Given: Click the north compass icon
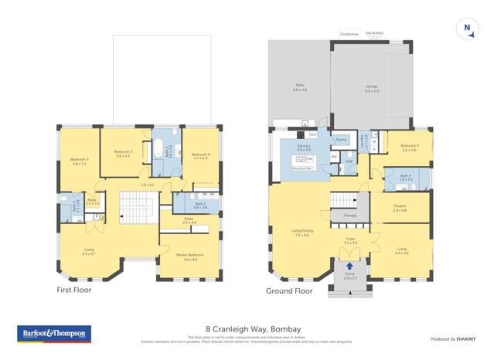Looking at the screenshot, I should pyautogui.click(x=466, y=28).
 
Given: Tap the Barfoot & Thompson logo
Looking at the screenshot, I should pyautogui.click(x=53, y=335).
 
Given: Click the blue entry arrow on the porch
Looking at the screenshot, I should pyautogui.click(x=349, y=267).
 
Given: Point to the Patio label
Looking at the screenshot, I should pyautogui.click(x=300, y=89).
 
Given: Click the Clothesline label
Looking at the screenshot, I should pyautogui.click(x=349, y=34).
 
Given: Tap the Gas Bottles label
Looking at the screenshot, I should pyautogui.click(x=374, y=33).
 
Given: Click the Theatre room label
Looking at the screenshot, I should pyautogui.click(x=400, y=208).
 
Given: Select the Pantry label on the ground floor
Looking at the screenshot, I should pyautogui.click(x=340, y=140).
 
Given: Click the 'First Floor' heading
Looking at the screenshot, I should pyautogui.click(x=73, y=290).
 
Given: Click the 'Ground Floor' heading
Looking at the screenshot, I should pyautogui.click(x=289, y=291).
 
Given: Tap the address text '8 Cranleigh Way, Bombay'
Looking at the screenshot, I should pyautogui.click(x=247, y=328).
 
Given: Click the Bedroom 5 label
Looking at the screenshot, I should pyautogui.click(x=410, y=147).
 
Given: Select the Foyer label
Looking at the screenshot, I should pyautogui.click(x=349, y=242).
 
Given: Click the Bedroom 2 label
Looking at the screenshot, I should pyautogui.click(x=79, y=161).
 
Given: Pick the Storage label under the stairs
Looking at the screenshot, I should pyautogui.click(x=349, y=216).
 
